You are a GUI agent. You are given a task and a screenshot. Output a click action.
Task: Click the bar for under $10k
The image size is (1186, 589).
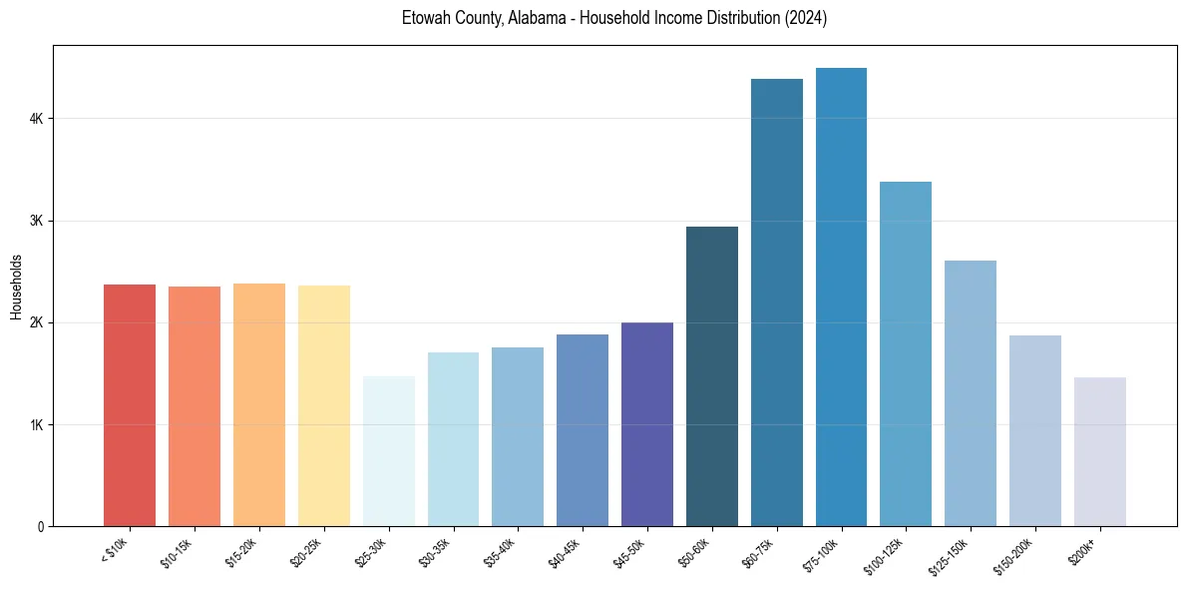pyautogui.click(x=130, y=405)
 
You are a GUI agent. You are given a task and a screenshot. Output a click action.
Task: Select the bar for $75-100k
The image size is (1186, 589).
pyautogui.click(x=841, y=297)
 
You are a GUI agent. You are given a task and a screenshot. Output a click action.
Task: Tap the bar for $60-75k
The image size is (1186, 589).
pyautogui.click(x=776, y=302)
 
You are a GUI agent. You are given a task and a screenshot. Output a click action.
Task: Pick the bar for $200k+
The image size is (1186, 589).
pyautogui.click(x=1099, y=451)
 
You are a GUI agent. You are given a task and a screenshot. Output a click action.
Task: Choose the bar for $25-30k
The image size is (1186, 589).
pyautogui.click(x=389, y=451)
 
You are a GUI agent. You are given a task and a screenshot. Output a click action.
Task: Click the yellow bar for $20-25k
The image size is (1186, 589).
pyautogui.click(x=324, y=405)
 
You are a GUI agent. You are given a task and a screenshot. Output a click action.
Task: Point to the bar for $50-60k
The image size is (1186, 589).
pyautogui.click(x=712, y=376)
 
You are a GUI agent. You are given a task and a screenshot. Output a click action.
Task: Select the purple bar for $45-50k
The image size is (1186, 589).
pyautogui.click(x=647, y=424)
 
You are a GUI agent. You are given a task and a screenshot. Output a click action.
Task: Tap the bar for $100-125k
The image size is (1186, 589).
pyautogui.click(x=906, y=354)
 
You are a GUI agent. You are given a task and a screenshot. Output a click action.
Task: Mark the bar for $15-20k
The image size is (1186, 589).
pyautogui.click(x=259, y=404)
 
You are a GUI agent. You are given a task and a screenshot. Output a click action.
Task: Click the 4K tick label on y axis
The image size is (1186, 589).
pyautogui.click(x=37, y=119)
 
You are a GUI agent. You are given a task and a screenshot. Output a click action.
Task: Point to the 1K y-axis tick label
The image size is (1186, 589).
pyautogui.click(x=37, y=424)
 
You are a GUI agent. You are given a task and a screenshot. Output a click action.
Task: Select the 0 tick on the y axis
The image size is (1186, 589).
pyautogui.click(x=41, y=526)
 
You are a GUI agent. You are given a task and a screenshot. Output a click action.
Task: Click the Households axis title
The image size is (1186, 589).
pyautogui.click(x=16, y=287)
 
